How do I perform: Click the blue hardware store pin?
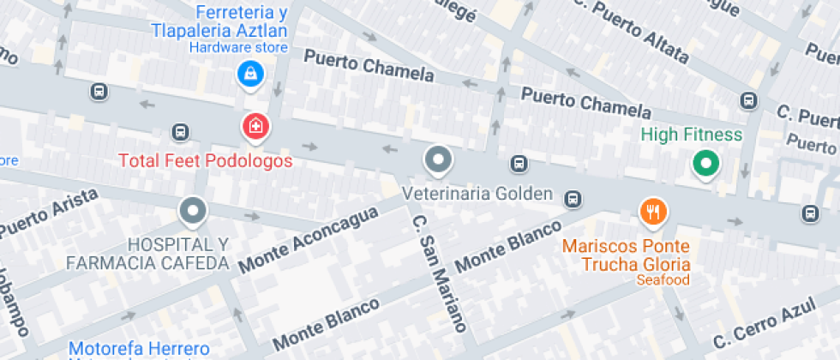point(249,75)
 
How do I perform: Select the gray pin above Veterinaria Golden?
point(439,159)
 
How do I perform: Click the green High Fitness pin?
point(705,163)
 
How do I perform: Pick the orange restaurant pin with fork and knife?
point(653,211)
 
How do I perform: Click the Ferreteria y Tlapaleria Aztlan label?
point(219,21)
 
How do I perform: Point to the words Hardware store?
point(238,48)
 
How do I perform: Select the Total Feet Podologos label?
point(206,160)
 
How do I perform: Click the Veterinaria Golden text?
point(478,194)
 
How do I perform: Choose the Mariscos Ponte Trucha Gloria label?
point(627,255)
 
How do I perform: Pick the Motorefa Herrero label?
point(139,349)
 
